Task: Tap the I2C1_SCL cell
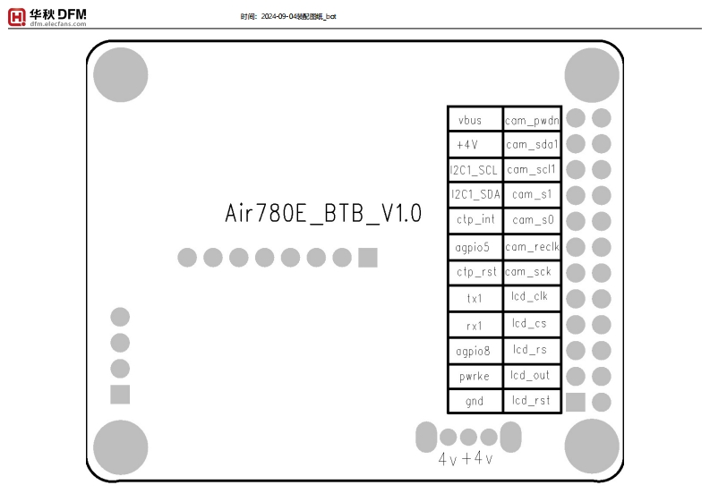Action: click(x=475, y=169)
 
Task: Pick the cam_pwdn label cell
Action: click(x=532, y=119)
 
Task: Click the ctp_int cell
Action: click(x=475, y=220)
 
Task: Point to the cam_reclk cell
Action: click(x=532, y=246)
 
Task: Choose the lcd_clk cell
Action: click(x=530, y=297)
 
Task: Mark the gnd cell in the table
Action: click(x=475, y=401)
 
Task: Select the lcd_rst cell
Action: click(x=530, y=401)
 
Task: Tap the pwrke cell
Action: click(x=475, y=376)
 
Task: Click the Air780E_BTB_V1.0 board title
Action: click(x=323, y=216)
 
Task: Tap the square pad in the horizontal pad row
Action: click(x=367, y=258)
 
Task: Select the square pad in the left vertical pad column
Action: click(x=120, y=395)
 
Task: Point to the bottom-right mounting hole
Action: click(x=592, y=446)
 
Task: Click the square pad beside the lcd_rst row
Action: click(x=576, y=402)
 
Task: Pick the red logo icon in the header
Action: click(x=17, y=16)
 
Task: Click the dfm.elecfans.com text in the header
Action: click(x=58, y=24)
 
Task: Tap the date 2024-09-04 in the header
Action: click(x=278, y=16)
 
